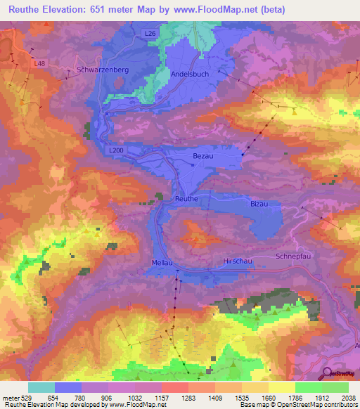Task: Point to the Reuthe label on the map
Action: coord(186,199)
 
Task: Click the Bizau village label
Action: coord(259,203)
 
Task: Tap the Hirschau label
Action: coord(236,261)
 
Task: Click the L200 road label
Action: coord(117,150)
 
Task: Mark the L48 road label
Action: coord(40,63)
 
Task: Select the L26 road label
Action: coord(150,33)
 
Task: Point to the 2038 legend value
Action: coord(347,397)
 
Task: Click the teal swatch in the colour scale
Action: coord(41,387)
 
